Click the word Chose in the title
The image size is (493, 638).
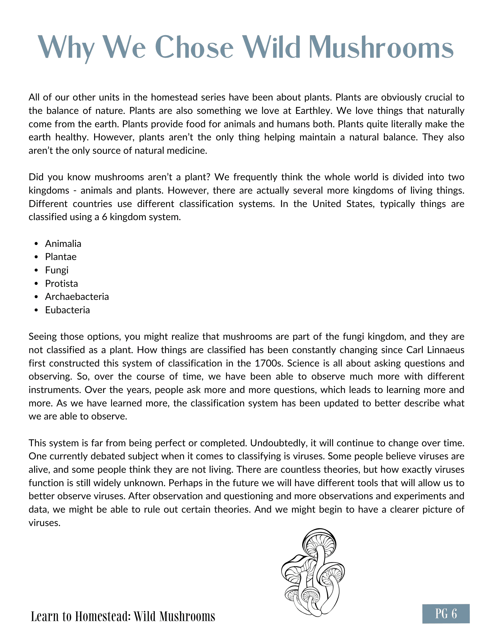click(x=196, y=48)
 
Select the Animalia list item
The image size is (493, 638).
click(x=63, y=244)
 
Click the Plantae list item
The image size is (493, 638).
click(x=61, y=257)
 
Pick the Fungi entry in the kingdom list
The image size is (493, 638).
click(x=57, y=270)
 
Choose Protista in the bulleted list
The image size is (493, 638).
click(x=61, y=284)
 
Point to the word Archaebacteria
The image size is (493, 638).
click(x=77, y=297)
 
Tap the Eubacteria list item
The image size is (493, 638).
click(x=67, y=310)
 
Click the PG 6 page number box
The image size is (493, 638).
click(x=446, y=613)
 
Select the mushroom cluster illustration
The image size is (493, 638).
click(x=313, y=573)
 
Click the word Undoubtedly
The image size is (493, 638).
click(x=277, y=443)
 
